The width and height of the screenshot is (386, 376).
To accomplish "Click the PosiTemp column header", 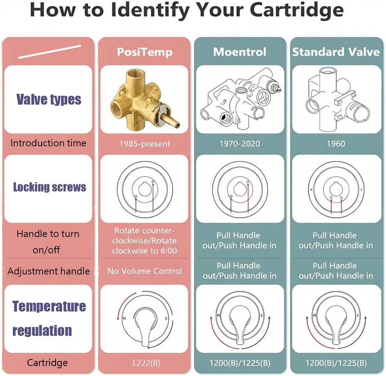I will click(145, 52).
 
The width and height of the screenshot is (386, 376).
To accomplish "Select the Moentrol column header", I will click(239, 52).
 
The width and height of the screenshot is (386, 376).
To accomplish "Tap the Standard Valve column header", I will click(335, 52).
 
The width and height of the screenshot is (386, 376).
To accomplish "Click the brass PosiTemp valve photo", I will click(144, 99).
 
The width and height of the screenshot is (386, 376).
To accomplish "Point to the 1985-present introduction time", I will click(145, 144).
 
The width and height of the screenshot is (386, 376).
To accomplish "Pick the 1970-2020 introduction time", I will click(239, 144).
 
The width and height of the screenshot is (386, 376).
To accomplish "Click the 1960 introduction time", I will click(335, 144).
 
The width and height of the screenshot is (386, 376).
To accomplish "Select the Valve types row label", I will click(49, 100).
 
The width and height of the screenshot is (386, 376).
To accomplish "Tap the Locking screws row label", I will click(49, 187).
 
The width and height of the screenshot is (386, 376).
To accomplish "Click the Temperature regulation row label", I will click(49, 318).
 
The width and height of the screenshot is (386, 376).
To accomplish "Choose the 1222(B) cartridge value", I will click(145, 363).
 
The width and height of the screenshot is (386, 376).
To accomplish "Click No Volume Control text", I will click(145, 271).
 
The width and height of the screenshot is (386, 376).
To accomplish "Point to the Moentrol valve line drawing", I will click(240, 99).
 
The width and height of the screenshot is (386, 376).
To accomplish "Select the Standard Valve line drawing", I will click(336, 99).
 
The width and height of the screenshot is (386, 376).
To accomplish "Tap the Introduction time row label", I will click(48, 143).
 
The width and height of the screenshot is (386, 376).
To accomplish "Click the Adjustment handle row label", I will click(49, 271).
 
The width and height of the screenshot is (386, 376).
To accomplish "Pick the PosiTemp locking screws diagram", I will click(144, 189).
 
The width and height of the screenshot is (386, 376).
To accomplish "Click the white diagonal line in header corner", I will click(49, 52).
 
